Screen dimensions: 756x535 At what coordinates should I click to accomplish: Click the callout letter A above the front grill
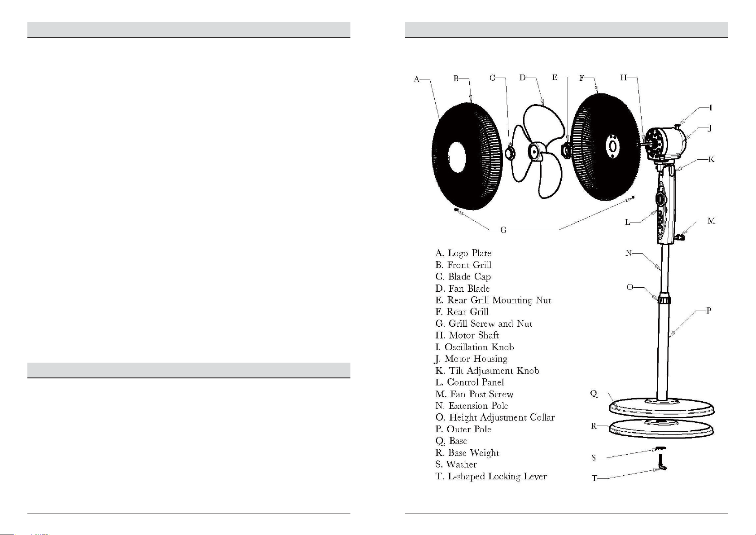pos(416,79)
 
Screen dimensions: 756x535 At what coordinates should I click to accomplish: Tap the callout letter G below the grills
pos(503,230)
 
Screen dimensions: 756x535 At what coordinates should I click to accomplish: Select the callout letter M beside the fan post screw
pos(711,221)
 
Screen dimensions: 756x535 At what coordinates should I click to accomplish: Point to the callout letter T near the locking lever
pos(594,478)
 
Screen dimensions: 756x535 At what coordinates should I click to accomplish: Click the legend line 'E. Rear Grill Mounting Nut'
pos(493,300)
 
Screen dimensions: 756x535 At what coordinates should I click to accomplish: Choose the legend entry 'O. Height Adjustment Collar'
pos(495,417)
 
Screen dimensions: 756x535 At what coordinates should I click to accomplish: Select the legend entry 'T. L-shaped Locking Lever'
pos(491,476)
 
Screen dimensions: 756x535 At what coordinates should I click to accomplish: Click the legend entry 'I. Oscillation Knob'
pos(475,347)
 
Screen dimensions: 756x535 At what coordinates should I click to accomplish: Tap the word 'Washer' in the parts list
pos(461,465)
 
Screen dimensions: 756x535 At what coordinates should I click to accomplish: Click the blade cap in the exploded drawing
pos(510,153)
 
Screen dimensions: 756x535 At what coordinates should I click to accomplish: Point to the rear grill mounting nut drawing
pos(566,149)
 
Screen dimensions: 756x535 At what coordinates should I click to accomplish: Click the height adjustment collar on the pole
pos(664,299)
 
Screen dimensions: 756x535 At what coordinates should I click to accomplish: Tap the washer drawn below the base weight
pos(660,448)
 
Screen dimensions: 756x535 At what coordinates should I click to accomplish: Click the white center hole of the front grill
pos(457,157)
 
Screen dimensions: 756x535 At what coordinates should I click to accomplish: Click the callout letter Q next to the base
pos(594,394)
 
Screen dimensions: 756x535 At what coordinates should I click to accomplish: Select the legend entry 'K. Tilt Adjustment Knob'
pos(487,371)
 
